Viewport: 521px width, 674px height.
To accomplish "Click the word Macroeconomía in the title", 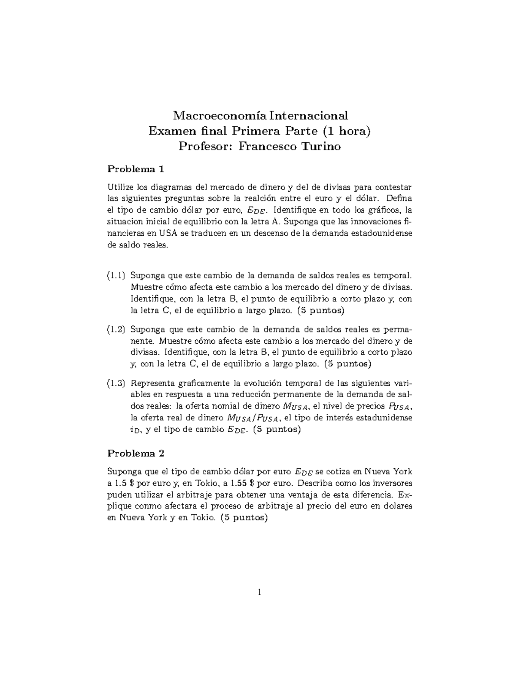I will [x=220, y=116].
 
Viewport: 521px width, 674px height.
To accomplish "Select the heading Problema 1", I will [x=135, y=169].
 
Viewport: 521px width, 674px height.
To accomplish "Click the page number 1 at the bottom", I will [x=259, y=592].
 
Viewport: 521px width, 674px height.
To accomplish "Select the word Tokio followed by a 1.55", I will [x=208, y=483].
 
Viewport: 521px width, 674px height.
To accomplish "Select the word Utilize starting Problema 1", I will [x=120, y=187].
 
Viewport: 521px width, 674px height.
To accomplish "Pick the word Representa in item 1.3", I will [x=152, y=383].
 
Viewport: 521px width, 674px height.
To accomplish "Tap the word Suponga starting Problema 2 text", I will [x=124, y=471].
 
